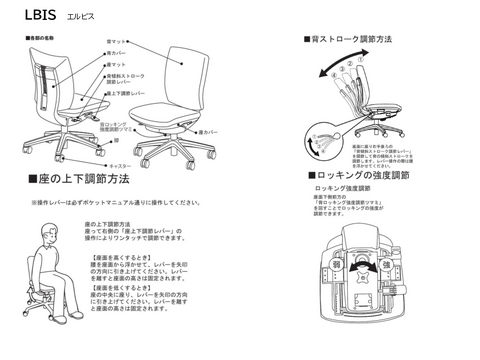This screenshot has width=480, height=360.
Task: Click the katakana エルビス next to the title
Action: [79, 17]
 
